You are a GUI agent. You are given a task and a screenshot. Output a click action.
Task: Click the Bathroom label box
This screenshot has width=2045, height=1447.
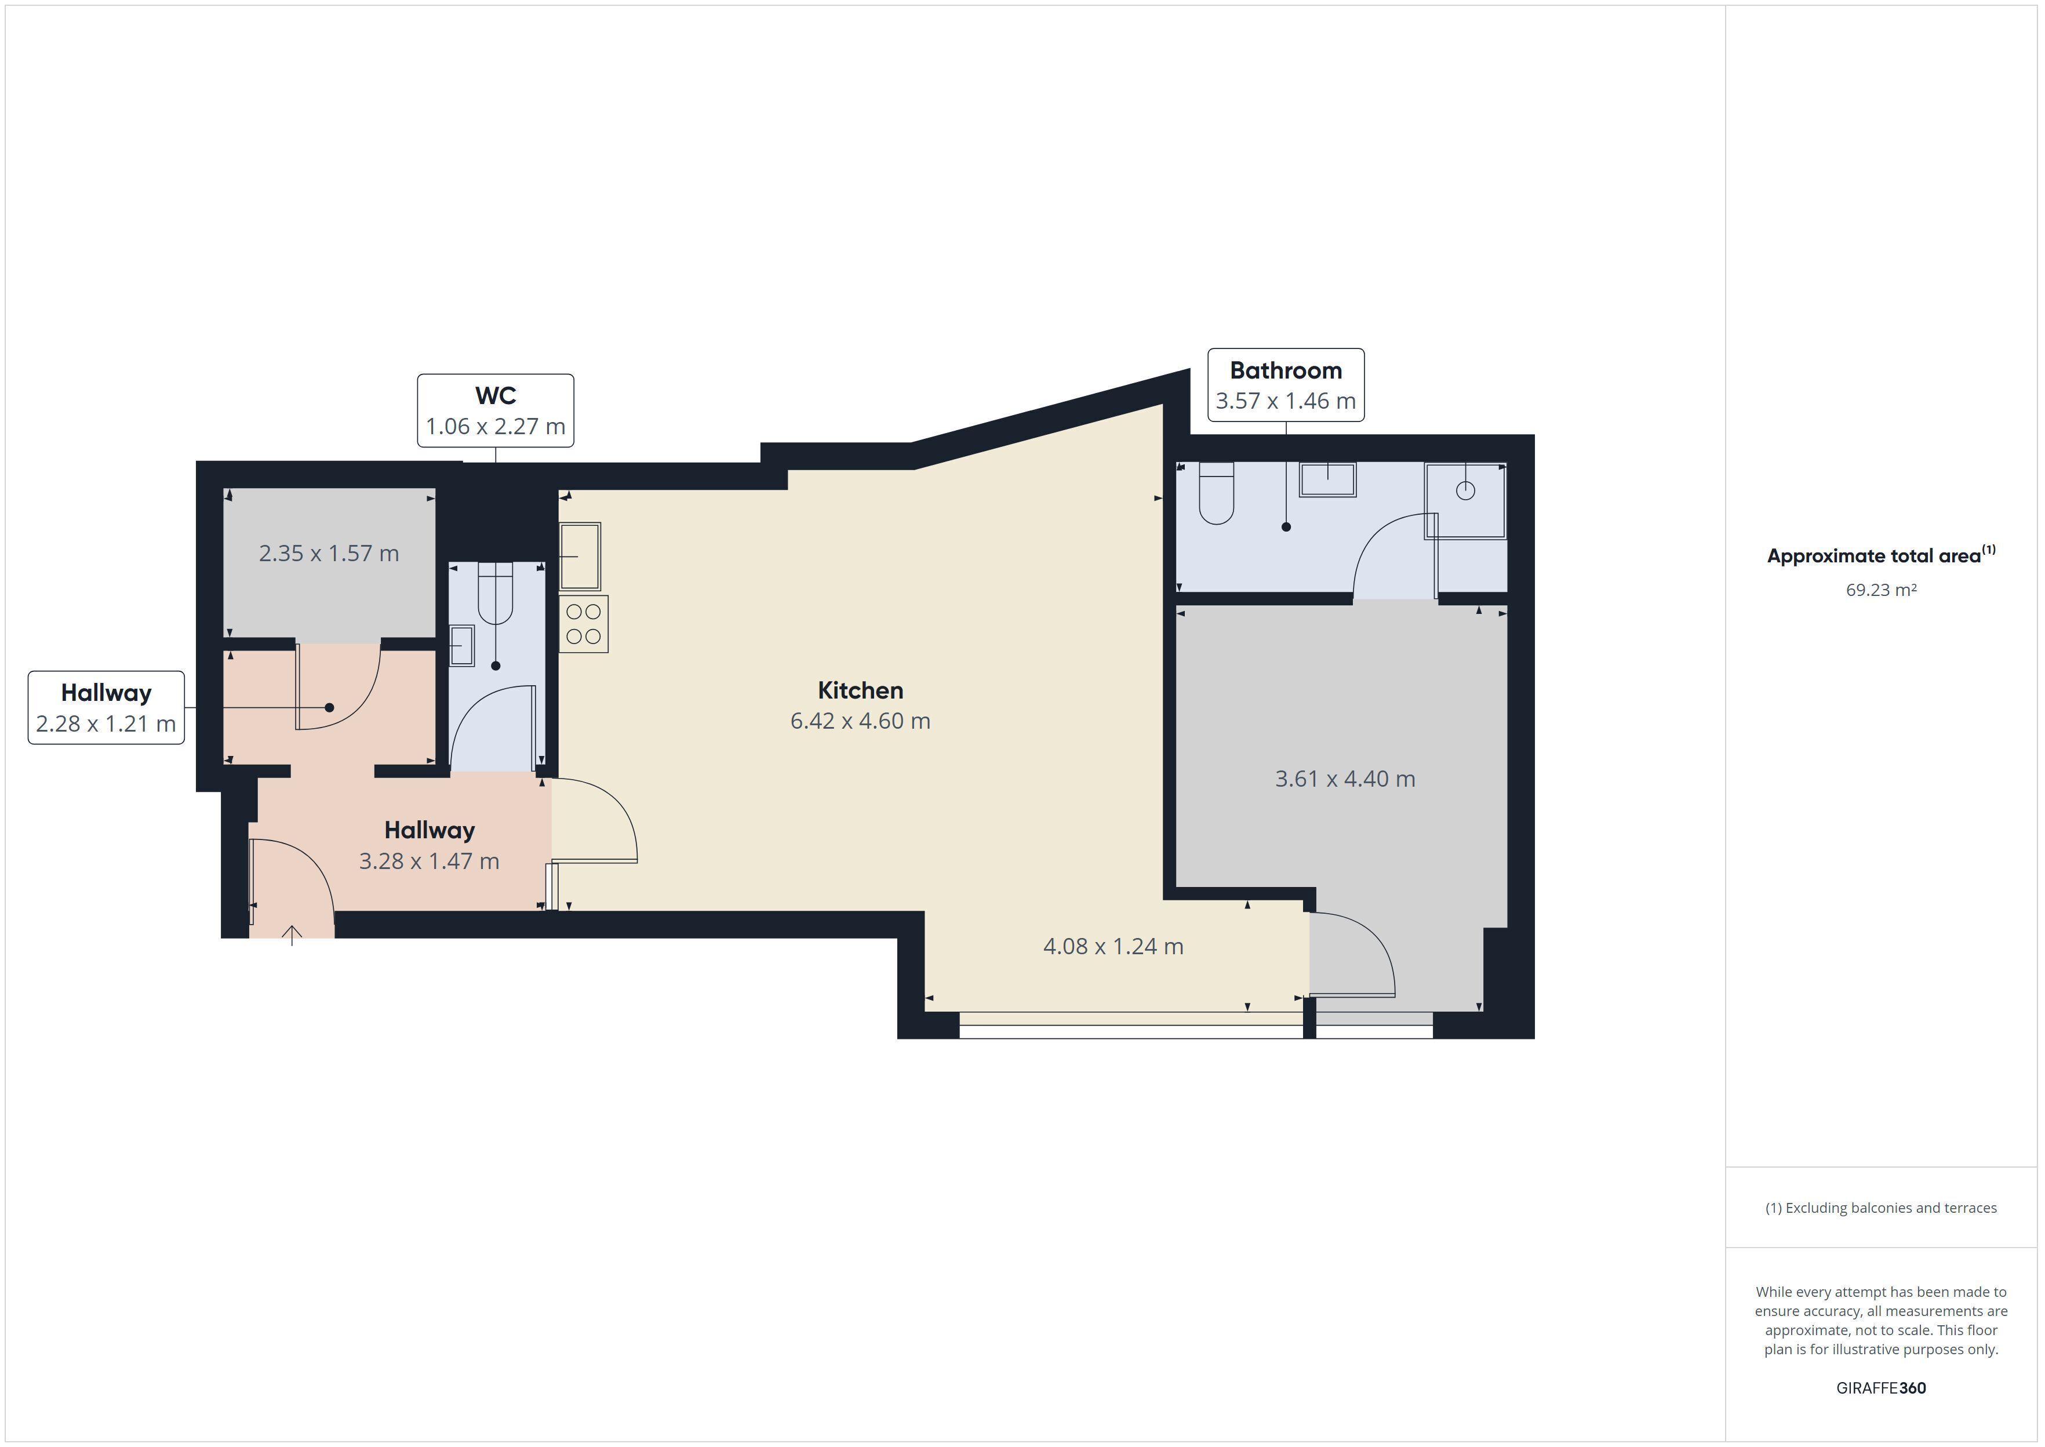1285,385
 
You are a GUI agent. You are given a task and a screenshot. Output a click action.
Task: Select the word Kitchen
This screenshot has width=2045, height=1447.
860,690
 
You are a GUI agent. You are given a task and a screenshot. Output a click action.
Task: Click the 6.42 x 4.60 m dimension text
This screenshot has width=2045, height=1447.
860,721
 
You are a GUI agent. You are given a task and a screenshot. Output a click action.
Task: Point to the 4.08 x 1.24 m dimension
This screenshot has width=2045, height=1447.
1114,946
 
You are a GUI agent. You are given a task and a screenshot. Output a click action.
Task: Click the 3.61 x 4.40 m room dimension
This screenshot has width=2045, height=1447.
1345,779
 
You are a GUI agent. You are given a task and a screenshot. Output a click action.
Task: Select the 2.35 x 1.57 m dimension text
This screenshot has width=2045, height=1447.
329,553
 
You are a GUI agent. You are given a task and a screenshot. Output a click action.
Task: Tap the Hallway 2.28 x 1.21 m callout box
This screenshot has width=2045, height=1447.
106,707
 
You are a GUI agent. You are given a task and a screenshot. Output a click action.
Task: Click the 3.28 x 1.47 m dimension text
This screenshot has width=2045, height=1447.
430,861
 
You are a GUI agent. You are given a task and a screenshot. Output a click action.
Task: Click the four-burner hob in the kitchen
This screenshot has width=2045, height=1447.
583,624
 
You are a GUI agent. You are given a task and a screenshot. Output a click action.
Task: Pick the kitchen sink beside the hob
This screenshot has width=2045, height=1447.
580,556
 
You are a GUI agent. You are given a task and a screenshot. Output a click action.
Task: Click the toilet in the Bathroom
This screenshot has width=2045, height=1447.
1216,493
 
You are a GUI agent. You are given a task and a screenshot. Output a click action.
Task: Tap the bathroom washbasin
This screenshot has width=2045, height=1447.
1327,479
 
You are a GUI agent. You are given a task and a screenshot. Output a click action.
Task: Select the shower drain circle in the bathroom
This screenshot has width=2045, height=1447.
1465,490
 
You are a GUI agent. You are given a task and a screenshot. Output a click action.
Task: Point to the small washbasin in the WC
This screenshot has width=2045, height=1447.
461,645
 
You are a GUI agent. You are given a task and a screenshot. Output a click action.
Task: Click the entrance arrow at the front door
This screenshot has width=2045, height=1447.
292,935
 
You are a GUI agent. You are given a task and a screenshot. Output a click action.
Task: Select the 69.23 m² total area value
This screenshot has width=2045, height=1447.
1881,590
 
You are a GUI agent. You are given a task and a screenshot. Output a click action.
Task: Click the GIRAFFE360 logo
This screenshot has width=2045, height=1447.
1881,1387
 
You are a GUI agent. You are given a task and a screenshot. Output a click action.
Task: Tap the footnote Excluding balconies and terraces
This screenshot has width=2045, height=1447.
1881,1208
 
